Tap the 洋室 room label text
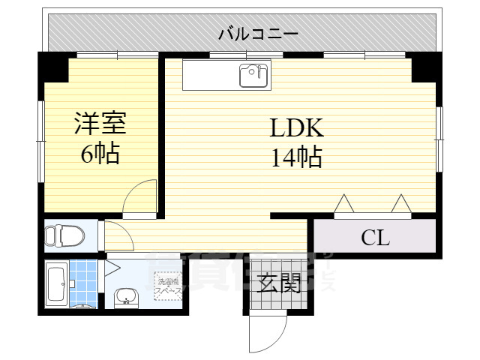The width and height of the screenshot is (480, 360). (99, 123)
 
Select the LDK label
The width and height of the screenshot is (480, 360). (296, 127)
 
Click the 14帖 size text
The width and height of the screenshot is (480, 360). (297, 157)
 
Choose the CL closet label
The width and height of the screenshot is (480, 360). (375, 239)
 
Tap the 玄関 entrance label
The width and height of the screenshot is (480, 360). (279, 283)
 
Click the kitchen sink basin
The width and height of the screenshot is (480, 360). (252, 75)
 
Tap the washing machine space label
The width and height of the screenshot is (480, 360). (167, 286)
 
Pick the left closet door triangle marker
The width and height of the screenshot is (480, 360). (344, 203)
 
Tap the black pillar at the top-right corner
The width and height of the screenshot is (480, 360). (426, 67)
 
